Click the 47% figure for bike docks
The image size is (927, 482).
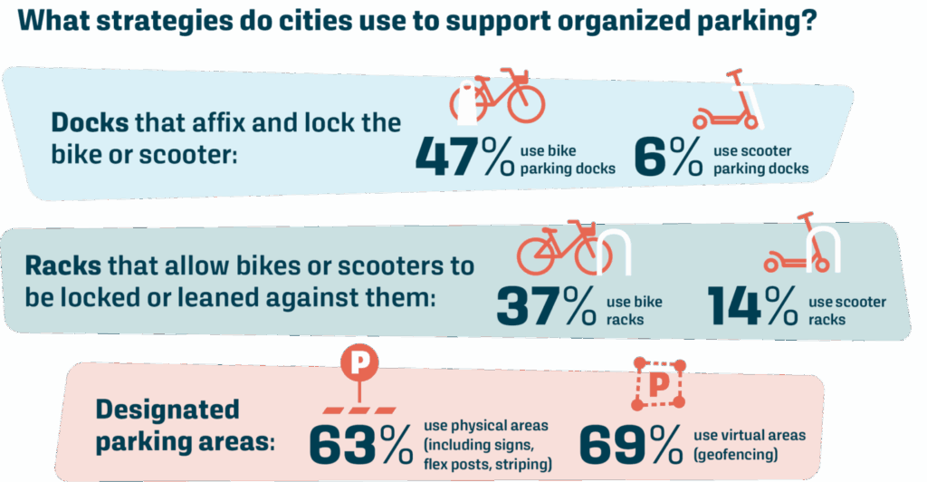coord(464,156)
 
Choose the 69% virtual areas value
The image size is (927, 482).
coord(630,444)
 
